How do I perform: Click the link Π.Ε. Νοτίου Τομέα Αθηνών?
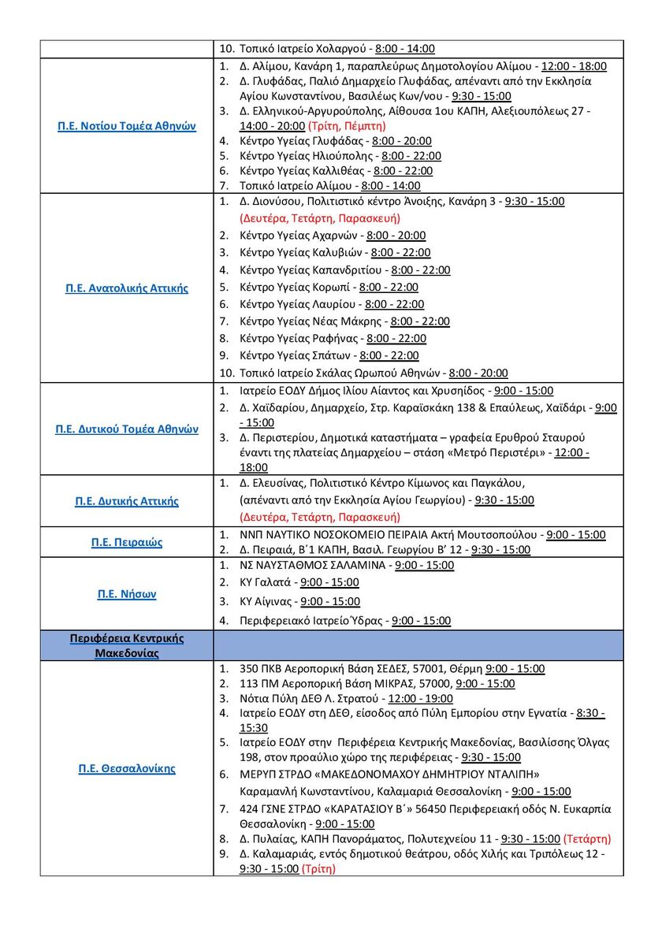click(x=126, y=126)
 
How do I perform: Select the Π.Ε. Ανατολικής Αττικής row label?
click(x=126, y=288)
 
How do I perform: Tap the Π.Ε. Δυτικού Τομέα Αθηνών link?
click(x=126, y=429)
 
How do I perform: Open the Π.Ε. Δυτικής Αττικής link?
click(x=126, y=501)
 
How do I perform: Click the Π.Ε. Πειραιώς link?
click(x=126, y=542)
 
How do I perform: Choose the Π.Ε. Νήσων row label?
click(x=126, y=594)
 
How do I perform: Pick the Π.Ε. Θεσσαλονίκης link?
click(x=126, y=768)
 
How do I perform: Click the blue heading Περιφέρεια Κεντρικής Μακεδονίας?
click(x=126, y=645)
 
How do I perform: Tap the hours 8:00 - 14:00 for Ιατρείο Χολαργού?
click(x=405, y=48)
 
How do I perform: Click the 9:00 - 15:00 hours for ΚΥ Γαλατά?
click(x=329, y=582)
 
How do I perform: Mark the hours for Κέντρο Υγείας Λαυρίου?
click(x=394, y=304)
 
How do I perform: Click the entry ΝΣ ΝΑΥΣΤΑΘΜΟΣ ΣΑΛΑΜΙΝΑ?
click(x=313, y=565)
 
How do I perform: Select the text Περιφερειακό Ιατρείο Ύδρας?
click(x=312, y=621)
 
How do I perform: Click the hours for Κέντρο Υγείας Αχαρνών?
click(x=396, y=236)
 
